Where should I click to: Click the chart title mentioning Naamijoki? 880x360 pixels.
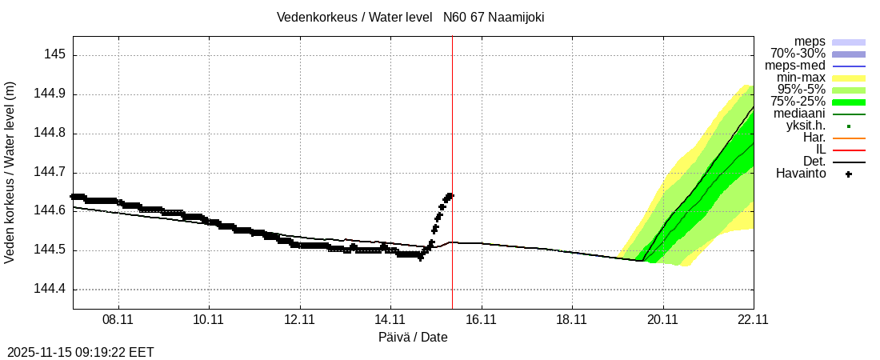410,17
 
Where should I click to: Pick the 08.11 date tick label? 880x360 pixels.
118,319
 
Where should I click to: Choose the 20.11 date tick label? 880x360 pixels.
662,319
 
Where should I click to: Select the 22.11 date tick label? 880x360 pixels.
753,319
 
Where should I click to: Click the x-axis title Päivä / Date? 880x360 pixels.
413,338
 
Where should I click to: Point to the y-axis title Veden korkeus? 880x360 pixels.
10,173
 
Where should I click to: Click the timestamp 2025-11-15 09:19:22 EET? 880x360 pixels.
81,352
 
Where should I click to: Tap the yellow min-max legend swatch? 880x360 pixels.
849,78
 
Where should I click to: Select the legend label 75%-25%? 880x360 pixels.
798,102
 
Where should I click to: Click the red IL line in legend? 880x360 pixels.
849,150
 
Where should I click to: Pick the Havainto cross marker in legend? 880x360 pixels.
849,174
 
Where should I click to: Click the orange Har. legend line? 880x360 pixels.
849,138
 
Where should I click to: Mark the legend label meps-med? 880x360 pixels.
795,66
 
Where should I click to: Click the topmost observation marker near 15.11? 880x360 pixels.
450,195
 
